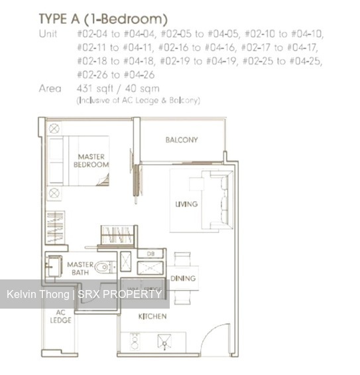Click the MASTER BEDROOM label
click(91, 161)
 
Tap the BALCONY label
click(182, 140)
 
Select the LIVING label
click(186, 204)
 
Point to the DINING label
click(183, 279)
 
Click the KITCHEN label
click(152, 317)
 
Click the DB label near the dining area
click(150, 254)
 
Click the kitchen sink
click(163, 342)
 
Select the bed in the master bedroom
click(80, 161)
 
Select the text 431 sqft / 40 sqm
click(118, 88)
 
